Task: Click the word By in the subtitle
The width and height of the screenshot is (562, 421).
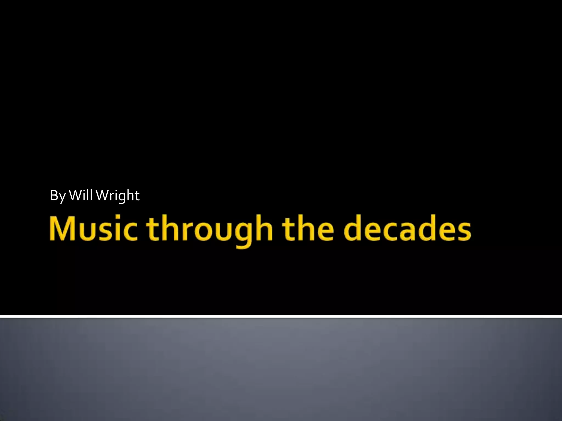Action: click(58, 196)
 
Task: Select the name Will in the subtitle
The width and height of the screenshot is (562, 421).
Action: click(81, 195)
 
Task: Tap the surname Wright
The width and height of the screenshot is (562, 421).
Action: click(118, 196)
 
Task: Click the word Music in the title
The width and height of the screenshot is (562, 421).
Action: click(93, 228)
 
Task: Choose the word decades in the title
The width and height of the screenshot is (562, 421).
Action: click(407, 228)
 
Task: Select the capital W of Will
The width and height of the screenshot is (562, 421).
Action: click(75, 195)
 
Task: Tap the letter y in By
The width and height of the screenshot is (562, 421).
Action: click(62, 197)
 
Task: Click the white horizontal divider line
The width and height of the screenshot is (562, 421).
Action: click(281, 316)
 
